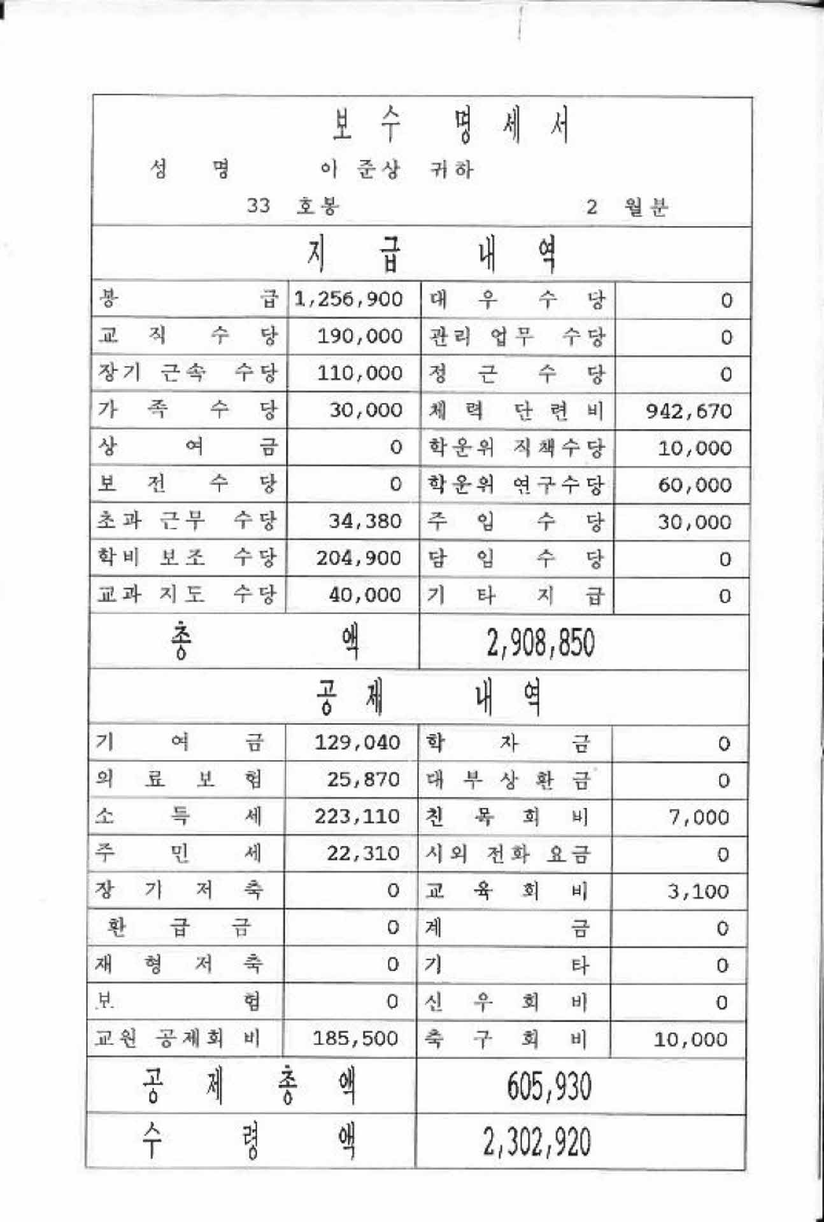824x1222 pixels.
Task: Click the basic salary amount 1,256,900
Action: tap(348, 299)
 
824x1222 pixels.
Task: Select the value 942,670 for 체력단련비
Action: tap(689, 411)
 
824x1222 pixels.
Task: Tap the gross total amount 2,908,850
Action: tap(541, 643)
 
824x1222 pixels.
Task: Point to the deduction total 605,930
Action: tap(549, 1086)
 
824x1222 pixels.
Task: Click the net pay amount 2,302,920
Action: tap(537, 1142)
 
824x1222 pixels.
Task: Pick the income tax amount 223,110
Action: tap(357, 816)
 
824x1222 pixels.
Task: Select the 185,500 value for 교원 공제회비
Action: tap(355, 1039)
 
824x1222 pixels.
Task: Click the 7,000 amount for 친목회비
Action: tap(699, 817)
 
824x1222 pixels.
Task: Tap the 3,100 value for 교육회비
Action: tap(698, 891)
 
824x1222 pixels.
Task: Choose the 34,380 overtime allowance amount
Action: tap(366, 521)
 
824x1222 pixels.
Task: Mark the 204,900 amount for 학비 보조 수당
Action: tap(359, 558)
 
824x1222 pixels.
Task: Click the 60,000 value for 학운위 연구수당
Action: tap(695, 485)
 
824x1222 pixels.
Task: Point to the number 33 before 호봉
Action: tap(259, 206)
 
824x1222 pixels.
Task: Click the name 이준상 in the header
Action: tap(360, 169)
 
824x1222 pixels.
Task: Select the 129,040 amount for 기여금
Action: tap(357, 742)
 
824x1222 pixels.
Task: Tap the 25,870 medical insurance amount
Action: tap(364, 779)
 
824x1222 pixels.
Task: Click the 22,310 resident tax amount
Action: tap(364, 853)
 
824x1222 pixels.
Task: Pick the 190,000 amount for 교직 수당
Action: tap(360, 336)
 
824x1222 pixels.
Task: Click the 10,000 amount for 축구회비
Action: tap(691, 1040)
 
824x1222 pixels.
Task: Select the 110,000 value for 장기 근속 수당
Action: tap(360, 373)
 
